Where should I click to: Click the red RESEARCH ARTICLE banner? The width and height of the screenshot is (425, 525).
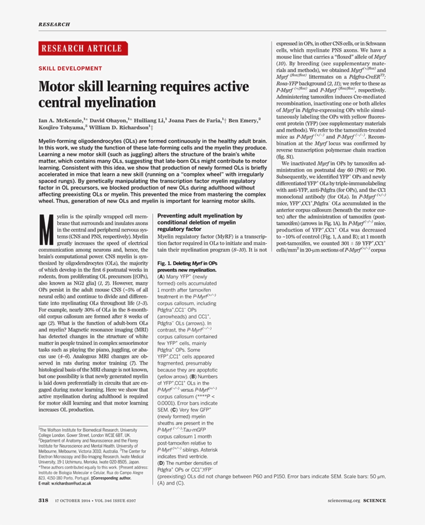click(x=83, y=48)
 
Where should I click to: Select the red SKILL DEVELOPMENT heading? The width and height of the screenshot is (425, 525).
click(x=70, y=68)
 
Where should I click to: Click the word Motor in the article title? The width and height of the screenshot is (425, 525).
click(x=58, y=87)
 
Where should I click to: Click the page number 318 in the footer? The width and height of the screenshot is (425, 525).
click(x=44, y=501)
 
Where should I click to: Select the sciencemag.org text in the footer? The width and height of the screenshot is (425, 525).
click(x=344, y=501)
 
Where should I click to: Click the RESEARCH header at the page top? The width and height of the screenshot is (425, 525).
click(x=54, y=24)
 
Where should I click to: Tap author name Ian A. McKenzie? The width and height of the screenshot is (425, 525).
click(x=64, y=120)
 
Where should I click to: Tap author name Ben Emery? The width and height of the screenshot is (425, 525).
click(x=242, y=120)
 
